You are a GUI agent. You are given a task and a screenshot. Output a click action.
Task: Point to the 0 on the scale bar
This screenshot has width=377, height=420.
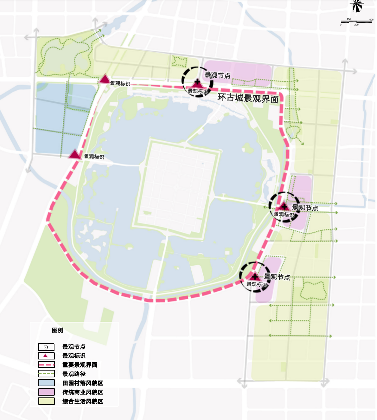click(x=341, y=24)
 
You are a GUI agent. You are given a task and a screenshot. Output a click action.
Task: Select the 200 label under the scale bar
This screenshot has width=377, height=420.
click(x=356, y=24)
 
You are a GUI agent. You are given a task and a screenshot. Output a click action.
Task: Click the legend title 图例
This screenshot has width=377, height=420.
click(x=57, y=330)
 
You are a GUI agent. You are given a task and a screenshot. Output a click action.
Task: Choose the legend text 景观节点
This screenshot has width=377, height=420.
click(x=74, y=347)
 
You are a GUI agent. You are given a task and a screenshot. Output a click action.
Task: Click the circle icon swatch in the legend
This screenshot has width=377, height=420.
click(x=46, y=347)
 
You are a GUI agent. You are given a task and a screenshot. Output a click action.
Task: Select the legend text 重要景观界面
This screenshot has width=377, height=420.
click(x=80, y=365)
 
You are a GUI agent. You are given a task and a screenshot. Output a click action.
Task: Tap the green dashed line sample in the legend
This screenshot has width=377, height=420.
click(x=46, y=374)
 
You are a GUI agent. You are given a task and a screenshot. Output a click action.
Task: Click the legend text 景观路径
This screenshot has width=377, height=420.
click(x=74, y=374)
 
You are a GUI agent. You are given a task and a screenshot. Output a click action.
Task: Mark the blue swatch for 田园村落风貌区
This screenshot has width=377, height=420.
click(x=46, y=383)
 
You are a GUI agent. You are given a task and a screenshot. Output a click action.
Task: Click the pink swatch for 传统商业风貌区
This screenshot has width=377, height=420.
click(x=46, y=392)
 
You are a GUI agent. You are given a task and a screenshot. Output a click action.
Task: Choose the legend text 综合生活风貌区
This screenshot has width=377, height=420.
click(x=83, y=401)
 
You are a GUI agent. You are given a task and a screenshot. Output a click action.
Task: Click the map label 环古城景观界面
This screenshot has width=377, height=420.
click(x=248, y=98)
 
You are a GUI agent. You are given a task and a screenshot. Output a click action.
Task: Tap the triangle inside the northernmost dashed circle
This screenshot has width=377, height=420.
click(x=197, y=83)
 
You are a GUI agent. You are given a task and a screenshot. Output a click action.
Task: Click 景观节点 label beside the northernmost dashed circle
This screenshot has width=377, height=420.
click(x=217, y=75)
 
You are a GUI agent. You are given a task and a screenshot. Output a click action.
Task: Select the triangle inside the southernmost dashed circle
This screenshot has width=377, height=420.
click(x=255, y=276)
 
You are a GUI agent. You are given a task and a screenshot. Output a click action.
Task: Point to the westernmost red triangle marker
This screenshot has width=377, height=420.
click(x=75, y=154)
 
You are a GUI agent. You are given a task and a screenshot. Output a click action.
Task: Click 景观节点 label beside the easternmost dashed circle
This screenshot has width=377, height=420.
click(x=305, y=207)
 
